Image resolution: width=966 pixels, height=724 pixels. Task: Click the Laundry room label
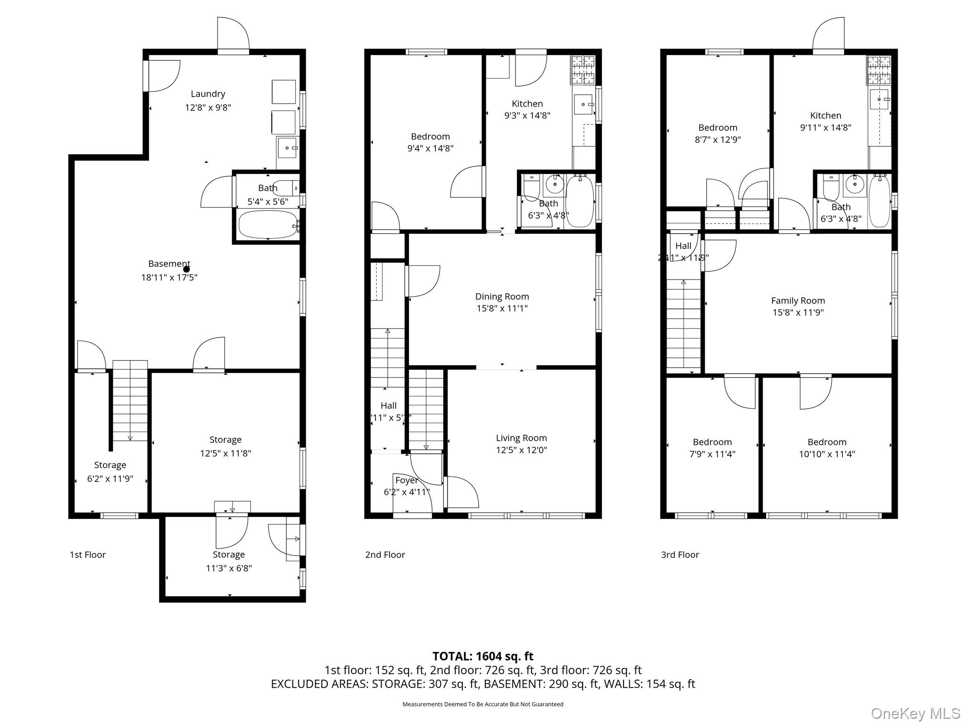pos(208,94)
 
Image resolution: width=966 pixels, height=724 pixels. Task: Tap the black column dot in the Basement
pos(186,269)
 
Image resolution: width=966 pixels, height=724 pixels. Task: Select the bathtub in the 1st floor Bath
pos(267,225)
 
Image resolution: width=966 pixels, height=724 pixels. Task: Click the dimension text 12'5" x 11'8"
pos(225,453)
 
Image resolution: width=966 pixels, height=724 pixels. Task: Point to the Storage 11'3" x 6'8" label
pos(228,555)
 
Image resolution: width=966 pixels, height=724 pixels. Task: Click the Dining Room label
pos(502,296)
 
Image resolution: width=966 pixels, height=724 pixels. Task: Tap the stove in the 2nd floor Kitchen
pos(583,69)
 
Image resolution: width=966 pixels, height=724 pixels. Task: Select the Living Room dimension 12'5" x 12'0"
pos(521,450)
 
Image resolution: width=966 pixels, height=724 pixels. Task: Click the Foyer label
pos(406,480)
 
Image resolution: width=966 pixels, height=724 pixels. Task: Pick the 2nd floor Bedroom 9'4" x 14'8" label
pos(430,137)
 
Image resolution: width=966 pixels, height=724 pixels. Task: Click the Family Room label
pos(798,300)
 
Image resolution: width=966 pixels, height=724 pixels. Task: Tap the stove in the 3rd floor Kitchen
pos(879,69)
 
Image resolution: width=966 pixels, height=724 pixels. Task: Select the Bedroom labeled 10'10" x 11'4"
pos(826,442)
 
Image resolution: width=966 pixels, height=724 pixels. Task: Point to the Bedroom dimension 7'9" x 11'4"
pos(712,454)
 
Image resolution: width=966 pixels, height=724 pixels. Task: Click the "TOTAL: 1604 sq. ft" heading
pos(483,656)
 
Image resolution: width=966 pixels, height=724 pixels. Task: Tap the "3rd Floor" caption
pos(680,555)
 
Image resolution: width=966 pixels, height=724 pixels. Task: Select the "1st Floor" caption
pos(88,555)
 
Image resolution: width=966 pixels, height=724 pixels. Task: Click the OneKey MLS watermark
pos(915,713)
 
